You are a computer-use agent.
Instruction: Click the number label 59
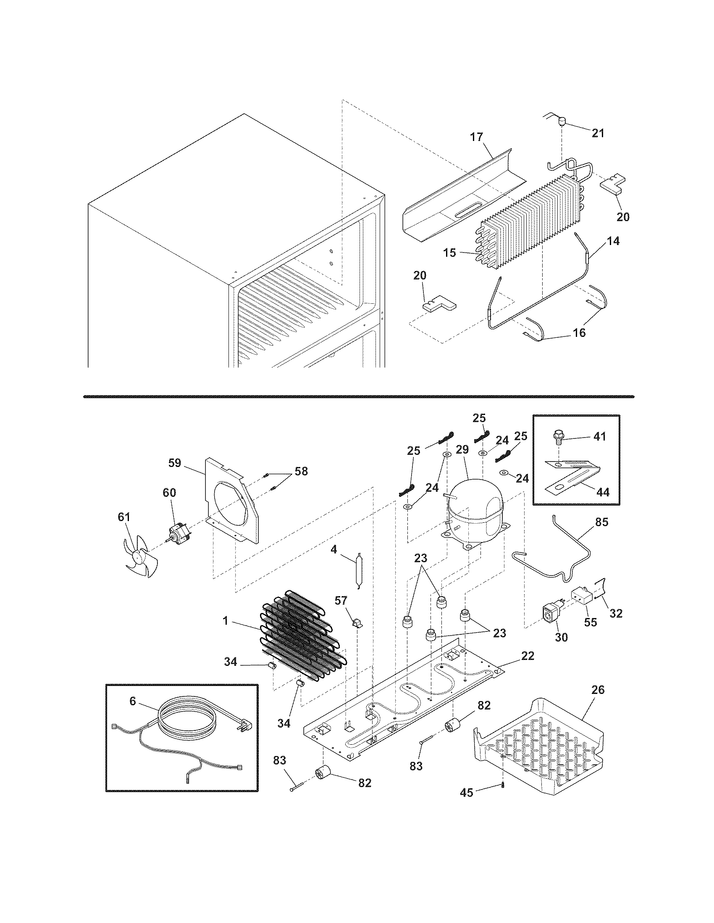174,463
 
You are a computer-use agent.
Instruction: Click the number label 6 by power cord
132,701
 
